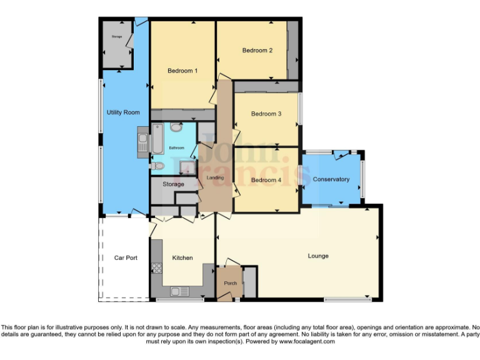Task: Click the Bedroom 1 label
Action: [182, 71]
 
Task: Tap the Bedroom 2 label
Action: [257, 51]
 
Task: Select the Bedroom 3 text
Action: [266, 114]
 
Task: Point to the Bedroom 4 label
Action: [266, 180]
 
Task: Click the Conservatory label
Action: [331, 179]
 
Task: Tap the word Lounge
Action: [317, 256]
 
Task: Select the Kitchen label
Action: [182, 257]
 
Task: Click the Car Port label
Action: [125, 257]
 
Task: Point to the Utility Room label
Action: [123, 112]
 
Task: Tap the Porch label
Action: [229, 283]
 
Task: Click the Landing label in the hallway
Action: [215, 178]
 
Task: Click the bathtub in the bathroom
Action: [158, 139]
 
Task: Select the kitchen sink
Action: [179, 291]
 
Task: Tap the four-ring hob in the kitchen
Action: [156, 268]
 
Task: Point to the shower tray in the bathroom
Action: [186, 166]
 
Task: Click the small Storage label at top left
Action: [117, 37]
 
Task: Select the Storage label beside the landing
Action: [173, 184]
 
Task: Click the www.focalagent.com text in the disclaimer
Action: [307, 341]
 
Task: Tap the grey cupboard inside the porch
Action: [249, 282]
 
